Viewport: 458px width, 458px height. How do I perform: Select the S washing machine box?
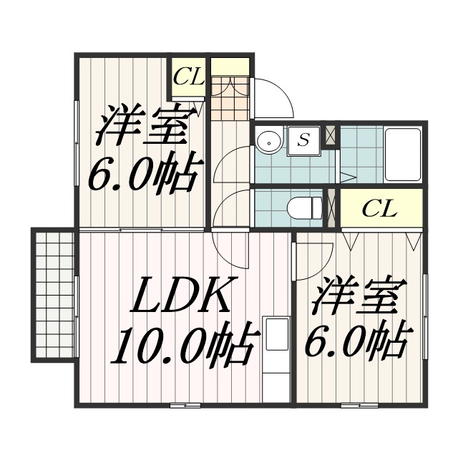point(303,141)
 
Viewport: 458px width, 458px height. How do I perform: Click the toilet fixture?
point(304,208)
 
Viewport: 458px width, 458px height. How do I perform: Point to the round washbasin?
point(269,140)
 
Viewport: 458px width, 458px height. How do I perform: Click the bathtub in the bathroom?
point(403,155)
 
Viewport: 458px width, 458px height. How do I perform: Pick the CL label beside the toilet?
point(379,208)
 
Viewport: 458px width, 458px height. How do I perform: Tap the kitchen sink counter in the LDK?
point(276,345)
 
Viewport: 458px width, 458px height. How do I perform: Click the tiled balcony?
point(54,294)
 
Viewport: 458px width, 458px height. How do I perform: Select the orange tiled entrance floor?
point(230,98)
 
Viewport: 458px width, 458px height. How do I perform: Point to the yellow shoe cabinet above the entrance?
point(230,67)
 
